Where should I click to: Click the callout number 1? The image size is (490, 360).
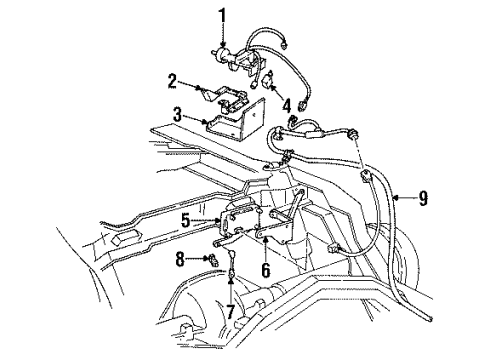pos(224,14)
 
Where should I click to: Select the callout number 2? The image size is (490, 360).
pos(172,79)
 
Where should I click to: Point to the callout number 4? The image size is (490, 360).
pos(287,104)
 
